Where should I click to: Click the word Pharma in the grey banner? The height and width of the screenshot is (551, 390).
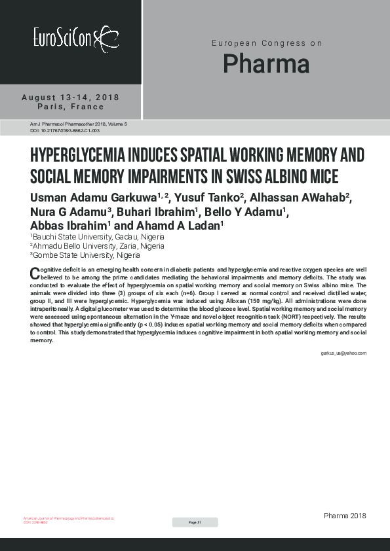point(265,64)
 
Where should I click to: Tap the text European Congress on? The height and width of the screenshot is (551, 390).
point(266,43)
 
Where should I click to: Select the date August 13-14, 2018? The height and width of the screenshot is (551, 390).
point(71,98)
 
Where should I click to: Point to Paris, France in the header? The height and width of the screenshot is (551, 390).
point(71,107)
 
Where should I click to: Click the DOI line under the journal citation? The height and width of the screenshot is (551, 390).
point(65,131)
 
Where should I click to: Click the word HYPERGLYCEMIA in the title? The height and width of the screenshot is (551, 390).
point(81,156)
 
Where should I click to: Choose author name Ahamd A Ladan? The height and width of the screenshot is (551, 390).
point(183,226)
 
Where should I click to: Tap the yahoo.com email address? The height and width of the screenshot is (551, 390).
point(343,353)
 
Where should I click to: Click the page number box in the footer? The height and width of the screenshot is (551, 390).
point(195,522)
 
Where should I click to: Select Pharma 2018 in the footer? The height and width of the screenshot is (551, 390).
point(345,516)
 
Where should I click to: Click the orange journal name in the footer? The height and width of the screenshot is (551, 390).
point(68,518)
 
